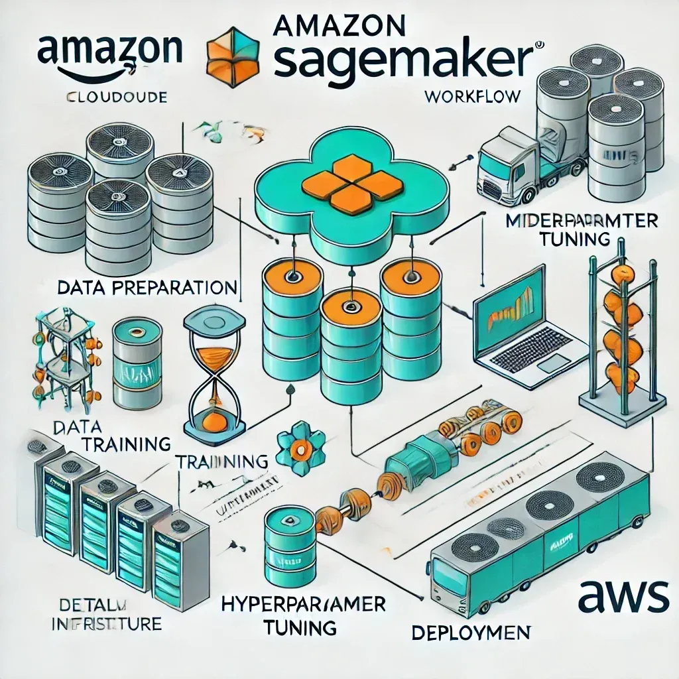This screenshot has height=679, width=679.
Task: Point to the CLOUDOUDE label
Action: (117, 98)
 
